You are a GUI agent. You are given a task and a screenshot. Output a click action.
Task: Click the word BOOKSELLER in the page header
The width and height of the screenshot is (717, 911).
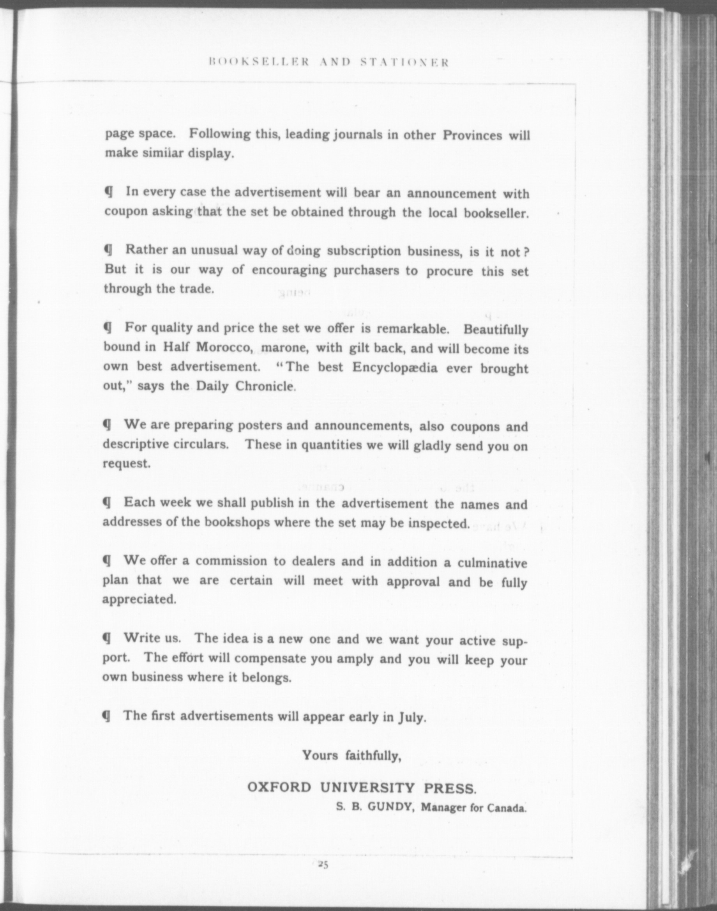pyautogui.click(x=259, y=62)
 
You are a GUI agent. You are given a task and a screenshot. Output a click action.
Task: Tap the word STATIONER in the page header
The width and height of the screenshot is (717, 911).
pyautogui.click(x=405, y=62)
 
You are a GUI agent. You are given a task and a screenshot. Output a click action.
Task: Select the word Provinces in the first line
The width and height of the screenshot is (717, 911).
pyautogui.click(x=472, y=136)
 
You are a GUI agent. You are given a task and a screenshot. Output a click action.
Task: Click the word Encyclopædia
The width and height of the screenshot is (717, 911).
pyautogui.click(x=395, y=367)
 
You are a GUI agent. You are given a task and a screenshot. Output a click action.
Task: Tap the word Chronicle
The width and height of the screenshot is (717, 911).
pyautogui.click(x=265, y=386)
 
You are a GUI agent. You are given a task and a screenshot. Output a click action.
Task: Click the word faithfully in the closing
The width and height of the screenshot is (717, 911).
pyautogui.click(x=374, y=756)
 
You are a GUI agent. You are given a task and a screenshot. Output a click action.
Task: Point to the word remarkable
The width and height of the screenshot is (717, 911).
pyautogui.click(x=413, y=328)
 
